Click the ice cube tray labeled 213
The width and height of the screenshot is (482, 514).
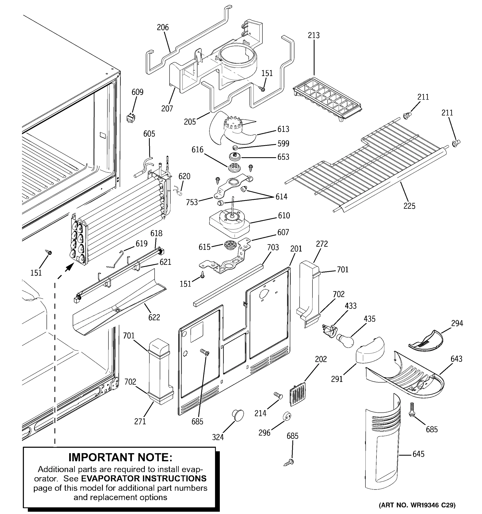[327, 100]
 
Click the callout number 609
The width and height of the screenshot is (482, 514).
[137, 92]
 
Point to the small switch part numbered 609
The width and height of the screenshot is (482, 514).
[131, 118]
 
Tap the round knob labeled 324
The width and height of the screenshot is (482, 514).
[238, 415]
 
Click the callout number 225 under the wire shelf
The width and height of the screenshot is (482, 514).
[409, 206]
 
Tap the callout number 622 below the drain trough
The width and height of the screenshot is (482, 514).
[154, 317]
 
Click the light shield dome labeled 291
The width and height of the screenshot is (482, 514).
[370, 350]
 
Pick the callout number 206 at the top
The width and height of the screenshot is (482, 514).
[163, 27]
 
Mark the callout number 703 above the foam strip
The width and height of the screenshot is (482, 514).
[273, 247]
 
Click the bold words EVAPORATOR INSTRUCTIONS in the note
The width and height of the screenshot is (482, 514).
[144, 478]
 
